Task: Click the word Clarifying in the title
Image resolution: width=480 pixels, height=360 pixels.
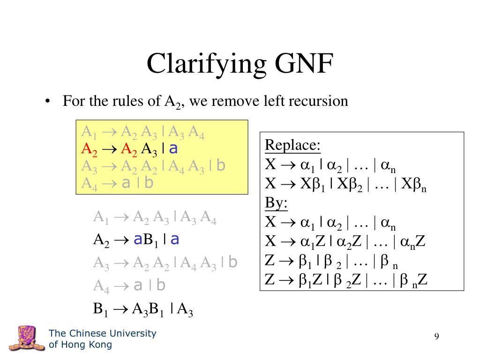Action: pyautogui.click(x=200, y=64)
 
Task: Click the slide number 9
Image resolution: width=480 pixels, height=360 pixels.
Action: pyautogui.click(x=436, y=336)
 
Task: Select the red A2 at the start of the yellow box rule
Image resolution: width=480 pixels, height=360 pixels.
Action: pyautogui.click(x=88, y=150)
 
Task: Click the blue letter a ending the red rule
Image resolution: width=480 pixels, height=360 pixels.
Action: pyautogui.click(x=173, y=149)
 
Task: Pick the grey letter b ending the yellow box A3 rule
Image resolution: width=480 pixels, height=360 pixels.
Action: pyautogui.click(x=221, y=166)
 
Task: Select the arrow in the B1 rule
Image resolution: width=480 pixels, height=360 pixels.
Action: pyautogui.click(x=121, y=308)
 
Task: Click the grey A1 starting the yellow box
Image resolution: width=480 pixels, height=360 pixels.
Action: pyautogui.click(x=88, y=133)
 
